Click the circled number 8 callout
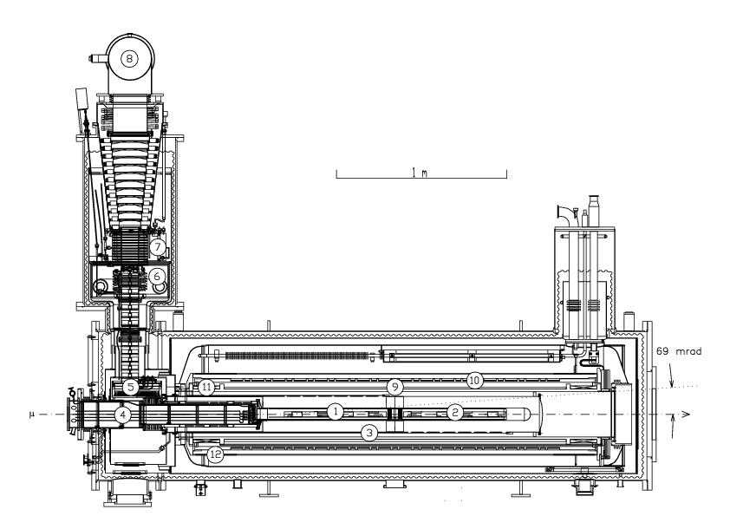[x=129, y=59]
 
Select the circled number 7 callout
[x=157, y=247]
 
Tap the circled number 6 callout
[x=157, y=276]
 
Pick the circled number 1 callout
[x=335, y=411]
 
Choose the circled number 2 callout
[x=453, y=412]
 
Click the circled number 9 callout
[x=394, y=386]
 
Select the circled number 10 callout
[x=473, y=380]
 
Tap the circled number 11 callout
[x=205, y=387]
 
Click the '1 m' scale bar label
[x=420, y=173]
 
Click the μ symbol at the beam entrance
[x=31, y=415]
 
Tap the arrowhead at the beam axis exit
[x=685, y=415]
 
